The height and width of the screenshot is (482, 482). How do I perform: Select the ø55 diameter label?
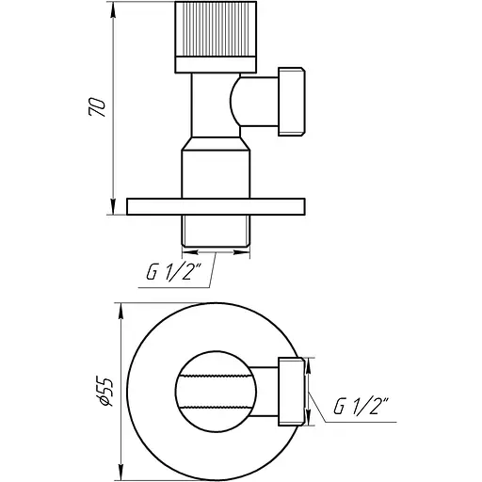pyautogui.click(x=106, y=388)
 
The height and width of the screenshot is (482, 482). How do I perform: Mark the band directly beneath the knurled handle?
pyautogui.click(x=215, y=64)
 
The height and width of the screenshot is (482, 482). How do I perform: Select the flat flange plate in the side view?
pyautogui.click(x=216, y=206)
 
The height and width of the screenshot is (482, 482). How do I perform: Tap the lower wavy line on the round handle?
pyautogui.click(x=216, y=402)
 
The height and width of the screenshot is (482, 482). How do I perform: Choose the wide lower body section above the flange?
pyautogui.click(x=216, y=170)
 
